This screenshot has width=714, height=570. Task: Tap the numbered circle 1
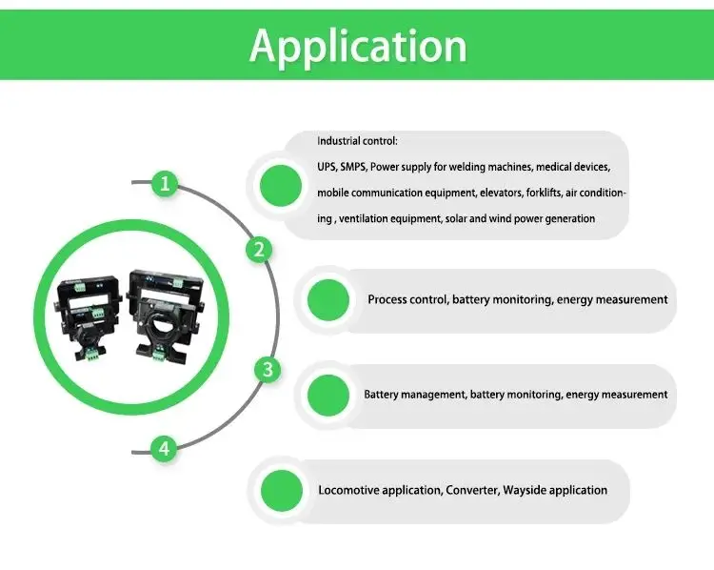tap(167, 184)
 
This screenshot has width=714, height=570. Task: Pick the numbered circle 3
tap(268, 370)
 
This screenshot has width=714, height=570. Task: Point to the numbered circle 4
tap(165, 449)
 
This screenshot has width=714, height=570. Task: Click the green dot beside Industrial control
tap(281, 185)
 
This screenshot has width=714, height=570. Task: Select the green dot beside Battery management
tap(328, 395)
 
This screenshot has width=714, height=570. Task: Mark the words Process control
tap(407, 299)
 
